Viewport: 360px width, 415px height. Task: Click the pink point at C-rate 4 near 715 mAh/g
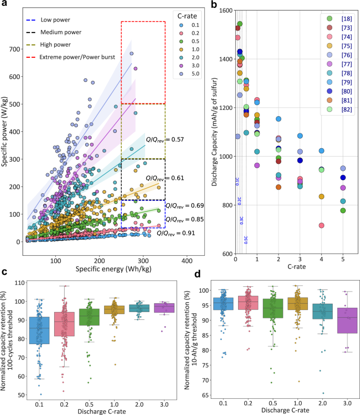point(321,225)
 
